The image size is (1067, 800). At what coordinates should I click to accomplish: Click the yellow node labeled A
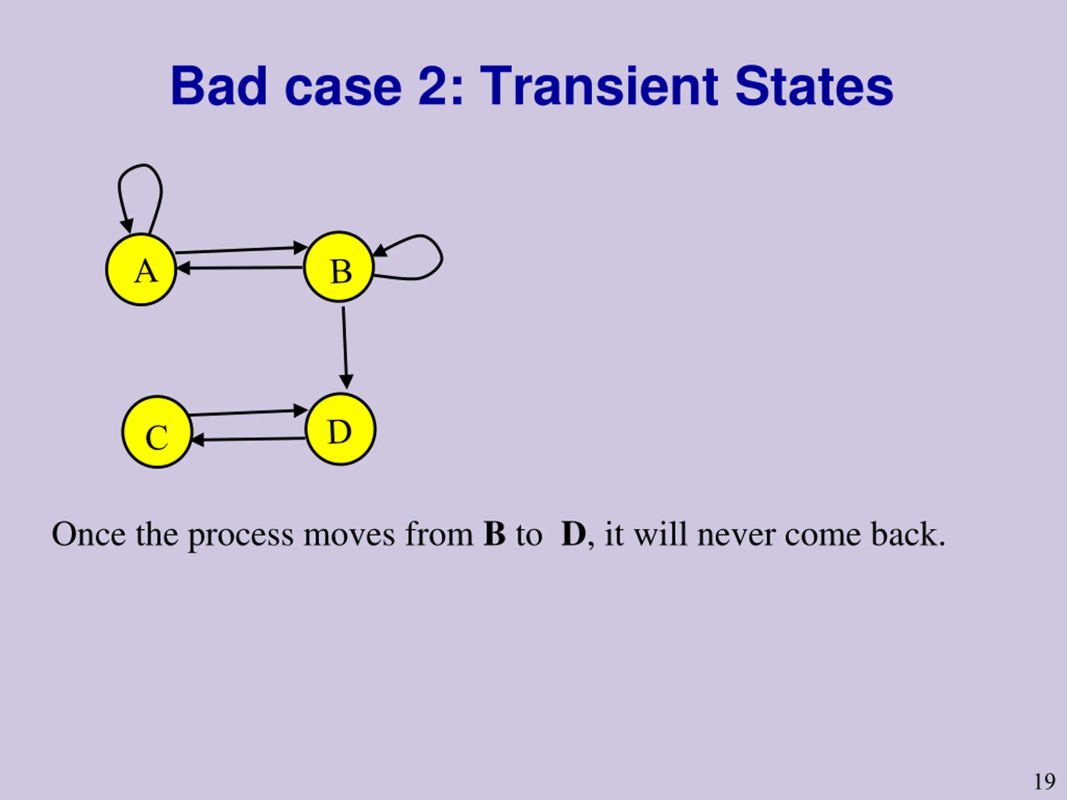[x=141, y=270]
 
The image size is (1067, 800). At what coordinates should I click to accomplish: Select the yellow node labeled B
[x=338, y=267]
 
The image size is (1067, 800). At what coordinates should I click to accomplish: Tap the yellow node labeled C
[x=157, y=432]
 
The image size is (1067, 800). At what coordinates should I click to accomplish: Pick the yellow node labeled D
[x=341, y=429]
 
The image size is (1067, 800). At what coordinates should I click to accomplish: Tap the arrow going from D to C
[x=248, y=439]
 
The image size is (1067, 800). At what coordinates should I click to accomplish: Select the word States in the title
[x=814, y=86]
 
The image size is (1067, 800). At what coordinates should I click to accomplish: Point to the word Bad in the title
[x=219, y=86]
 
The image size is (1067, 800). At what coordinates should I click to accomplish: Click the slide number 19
[x=1044, y=781]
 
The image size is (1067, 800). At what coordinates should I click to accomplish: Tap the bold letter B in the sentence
[x=494, y=534]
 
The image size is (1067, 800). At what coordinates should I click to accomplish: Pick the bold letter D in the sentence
[x=573, y=534]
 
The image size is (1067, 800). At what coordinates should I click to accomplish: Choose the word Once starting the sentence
[x=88, y=534]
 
